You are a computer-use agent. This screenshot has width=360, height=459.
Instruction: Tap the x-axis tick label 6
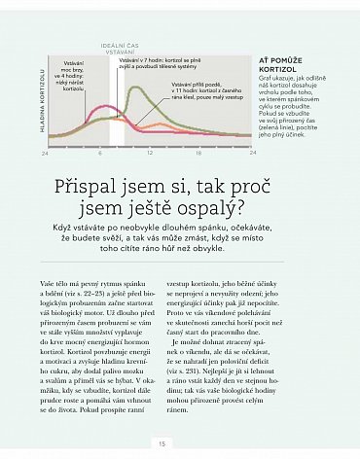click(100, 153)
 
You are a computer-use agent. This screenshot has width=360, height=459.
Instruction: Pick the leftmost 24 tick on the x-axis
click(46, 153)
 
